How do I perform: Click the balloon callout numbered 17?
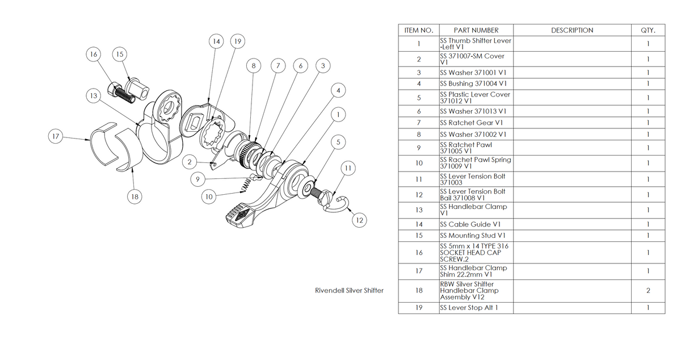point(55,137)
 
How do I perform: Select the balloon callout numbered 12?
point(358,219)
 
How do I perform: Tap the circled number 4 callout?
point(338,90)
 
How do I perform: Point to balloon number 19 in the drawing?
point(238,41)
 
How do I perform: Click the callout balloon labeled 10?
point(209,197)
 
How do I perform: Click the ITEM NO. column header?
point(418,30)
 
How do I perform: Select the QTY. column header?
point(648,30)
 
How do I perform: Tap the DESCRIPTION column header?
point(572,30)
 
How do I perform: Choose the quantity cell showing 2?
point(648,290)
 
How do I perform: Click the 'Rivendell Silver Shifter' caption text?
point(349,290)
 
